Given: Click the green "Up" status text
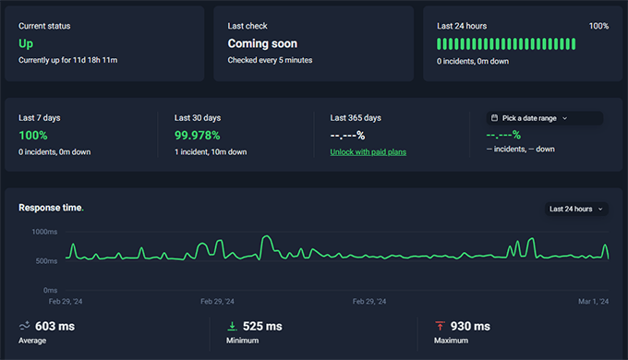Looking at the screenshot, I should [26, 43].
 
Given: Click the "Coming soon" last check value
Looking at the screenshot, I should [263, 43].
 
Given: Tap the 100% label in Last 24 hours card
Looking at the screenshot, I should [598, 27].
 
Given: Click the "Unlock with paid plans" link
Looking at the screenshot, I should [368, 151].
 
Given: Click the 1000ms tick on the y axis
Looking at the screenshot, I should [44, 232].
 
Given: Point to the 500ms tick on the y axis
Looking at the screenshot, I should [46, 261].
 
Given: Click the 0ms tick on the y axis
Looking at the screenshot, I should [50, 290].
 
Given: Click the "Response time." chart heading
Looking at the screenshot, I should [51, 208].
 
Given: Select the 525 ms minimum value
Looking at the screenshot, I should [262, 326].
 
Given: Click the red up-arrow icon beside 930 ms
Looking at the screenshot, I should [440, 326].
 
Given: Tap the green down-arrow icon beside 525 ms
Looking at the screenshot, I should [232, 326].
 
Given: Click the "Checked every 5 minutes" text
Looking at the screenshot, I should [270, 60].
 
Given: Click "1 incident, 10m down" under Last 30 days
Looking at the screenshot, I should [211, 151].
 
